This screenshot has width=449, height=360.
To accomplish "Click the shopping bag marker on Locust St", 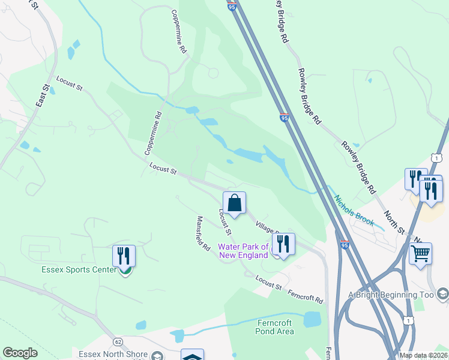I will click(234, 203).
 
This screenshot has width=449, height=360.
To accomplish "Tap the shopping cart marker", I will click(420, 253).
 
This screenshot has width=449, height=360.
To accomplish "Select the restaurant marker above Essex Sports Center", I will click(124, 256).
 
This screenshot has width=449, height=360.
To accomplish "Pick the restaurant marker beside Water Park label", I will click(283, 244).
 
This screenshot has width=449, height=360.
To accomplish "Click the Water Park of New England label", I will click(243, 251).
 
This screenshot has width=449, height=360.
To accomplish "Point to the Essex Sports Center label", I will click(79, 269).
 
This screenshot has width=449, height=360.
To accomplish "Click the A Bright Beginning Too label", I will click(391, 295).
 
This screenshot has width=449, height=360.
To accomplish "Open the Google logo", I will click(20, 353).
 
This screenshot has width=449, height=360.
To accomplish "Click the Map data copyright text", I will click(423, 355).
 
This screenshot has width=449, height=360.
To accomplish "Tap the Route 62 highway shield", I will click(118, 341).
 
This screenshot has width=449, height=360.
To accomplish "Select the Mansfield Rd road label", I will click(203, 233).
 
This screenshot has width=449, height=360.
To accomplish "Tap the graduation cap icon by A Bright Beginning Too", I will click(442, 293).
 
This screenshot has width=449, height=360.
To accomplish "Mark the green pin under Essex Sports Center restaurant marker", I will click(125, 271).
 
